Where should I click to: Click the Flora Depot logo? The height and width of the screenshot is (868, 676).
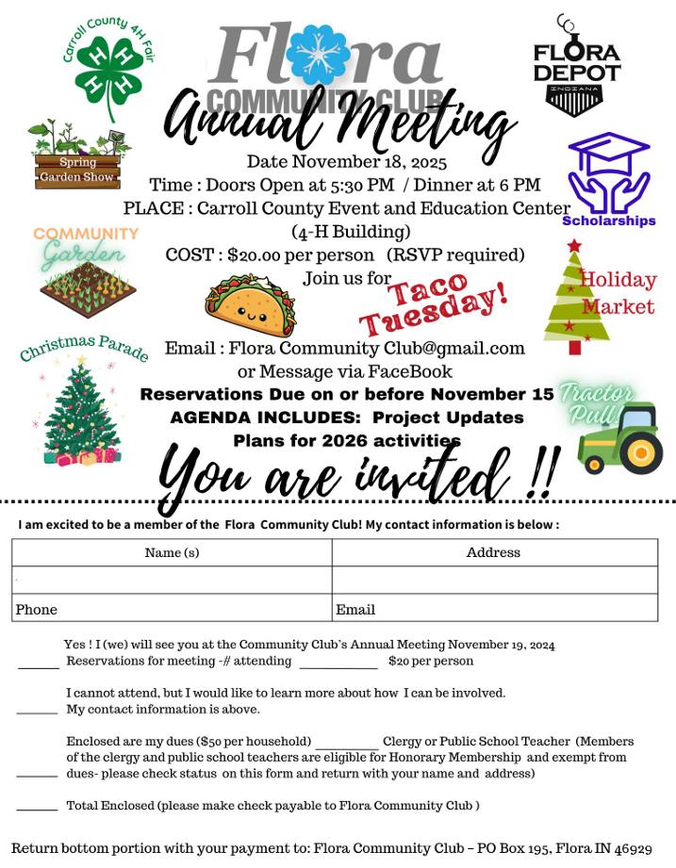coord(576,68)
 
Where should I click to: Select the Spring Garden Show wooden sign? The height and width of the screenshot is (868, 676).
coord(77,170)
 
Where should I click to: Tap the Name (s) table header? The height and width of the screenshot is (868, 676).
coord(172,552)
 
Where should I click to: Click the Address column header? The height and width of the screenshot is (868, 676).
coord(493,552)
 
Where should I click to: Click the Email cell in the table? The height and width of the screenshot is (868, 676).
coord(355,610)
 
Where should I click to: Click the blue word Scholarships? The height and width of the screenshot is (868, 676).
coord(608,221)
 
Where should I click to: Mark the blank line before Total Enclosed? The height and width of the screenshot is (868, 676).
coord(38,808)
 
